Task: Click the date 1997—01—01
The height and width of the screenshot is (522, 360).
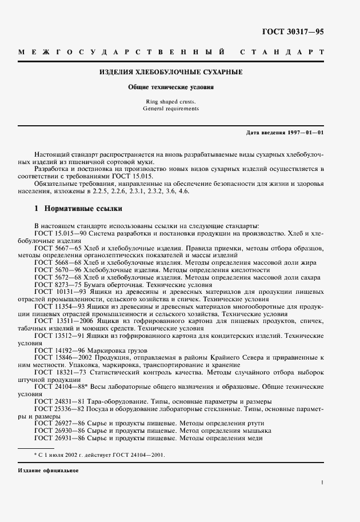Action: pyautogui.click(x=304, y=133)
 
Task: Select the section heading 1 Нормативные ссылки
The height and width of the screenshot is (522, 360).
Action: pyautogui.click(x=75, y=210)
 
